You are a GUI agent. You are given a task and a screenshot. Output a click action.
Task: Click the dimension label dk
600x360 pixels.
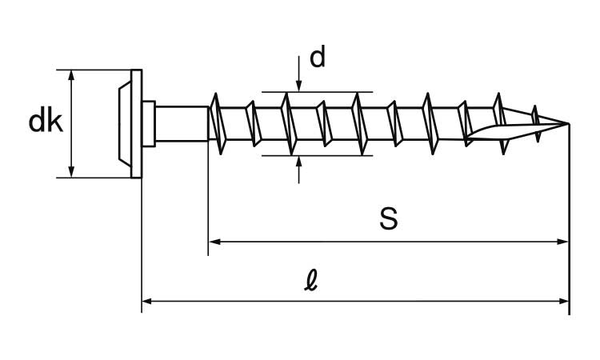pos(46,122)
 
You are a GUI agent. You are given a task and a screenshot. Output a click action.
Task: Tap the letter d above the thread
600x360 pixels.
pos(318,58)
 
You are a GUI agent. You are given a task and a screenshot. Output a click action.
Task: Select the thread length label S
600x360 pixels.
pos(388,218)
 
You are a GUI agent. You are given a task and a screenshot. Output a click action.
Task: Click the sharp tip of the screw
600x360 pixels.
pos(567,124)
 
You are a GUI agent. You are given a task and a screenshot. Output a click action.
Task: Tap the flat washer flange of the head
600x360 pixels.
pos(137,123)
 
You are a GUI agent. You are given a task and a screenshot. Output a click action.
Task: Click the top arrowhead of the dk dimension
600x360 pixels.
pos(72,75)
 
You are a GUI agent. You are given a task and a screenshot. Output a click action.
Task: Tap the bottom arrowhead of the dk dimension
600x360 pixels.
pos(72,171)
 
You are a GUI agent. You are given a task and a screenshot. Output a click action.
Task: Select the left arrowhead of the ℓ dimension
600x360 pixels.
pos(148,302)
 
